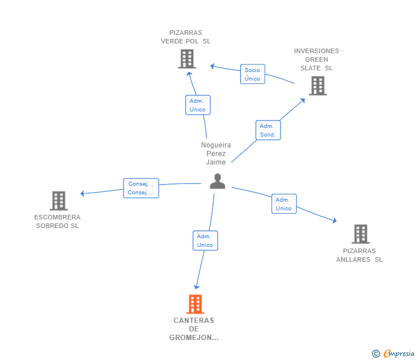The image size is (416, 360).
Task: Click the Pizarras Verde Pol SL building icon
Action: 187,59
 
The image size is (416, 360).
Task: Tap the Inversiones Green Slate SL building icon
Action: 317,86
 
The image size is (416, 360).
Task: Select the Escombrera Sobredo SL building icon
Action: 58,201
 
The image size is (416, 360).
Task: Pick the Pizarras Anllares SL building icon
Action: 360,234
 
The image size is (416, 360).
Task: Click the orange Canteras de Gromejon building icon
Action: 195,304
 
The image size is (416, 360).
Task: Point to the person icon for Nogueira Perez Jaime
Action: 217,181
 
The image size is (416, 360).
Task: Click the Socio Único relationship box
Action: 252,74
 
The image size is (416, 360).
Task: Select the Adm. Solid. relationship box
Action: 267,130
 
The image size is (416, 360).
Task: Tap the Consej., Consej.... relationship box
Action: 141,188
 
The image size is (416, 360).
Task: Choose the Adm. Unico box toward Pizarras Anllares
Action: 283,204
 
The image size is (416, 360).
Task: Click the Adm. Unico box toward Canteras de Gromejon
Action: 205,241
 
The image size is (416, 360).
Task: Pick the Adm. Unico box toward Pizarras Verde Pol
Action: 198,105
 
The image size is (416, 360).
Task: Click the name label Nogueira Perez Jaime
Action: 216,153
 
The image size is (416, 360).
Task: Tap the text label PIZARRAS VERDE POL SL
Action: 186,37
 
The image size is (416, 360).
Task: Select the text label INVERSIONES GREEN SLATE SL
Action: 317,59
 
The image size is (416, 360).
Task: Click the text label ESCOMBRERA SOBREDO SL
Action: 57,221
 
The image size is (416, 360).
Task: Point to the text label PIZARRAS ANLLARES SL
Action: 359,255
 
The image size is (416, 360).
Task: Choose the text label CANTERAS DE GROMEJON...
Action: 194,329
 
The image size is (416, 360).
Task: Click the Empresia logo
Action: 399,354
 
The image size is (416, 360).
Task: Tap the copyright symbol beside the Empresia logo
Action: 376,354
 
